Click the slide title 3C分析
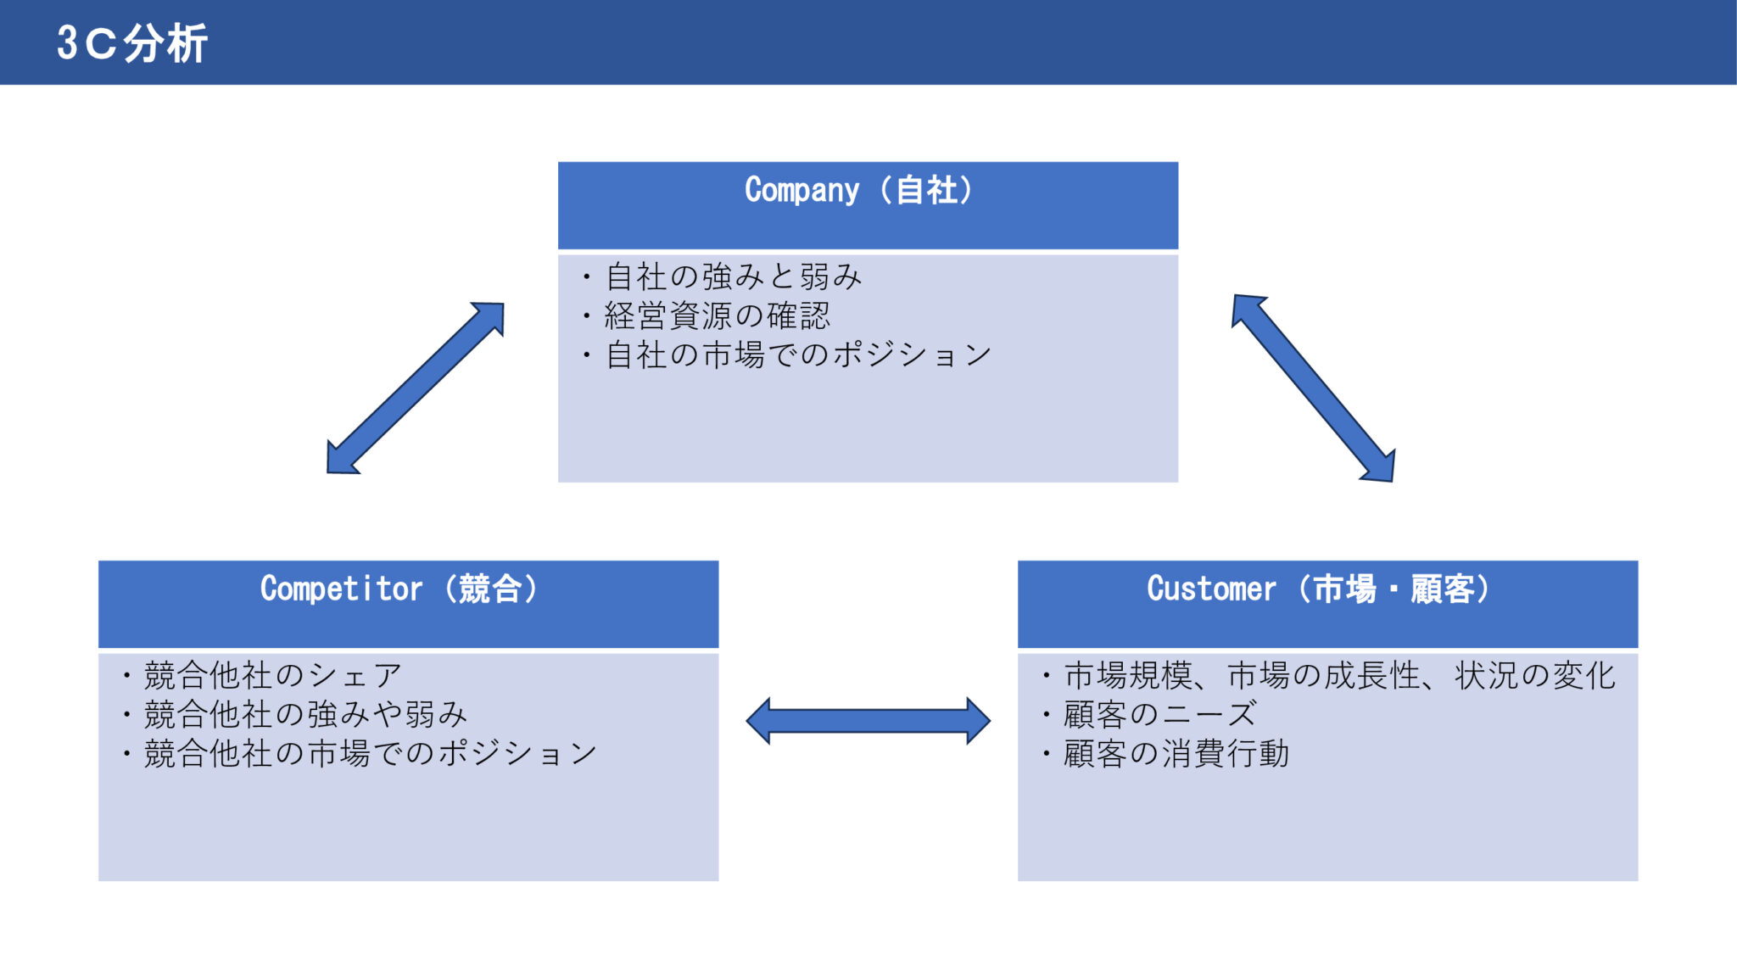pyautogui.click(x=131, y=42)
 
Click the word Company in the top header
pyautogui.click(x=801, y=190)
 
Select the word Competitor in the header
pyautogui.click(x=341, y=589)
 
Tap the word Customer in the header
pyautogui.click(x=1211, y=589)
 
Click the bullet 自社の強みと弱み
pyautogui.click(x=734, y=276)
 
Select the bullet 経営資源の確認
pyautogui.click(x=717, y=315)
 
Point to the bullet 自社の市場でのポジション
pyautogui.click(x=797, y=355)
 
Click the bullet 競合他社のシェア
pyautogui.click(x=271, y=675)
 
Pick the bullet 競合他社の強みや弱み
pyautogui.click(x=305, y=714)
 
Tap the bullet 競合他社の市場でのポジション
pyautogui.click(x=370, y=753)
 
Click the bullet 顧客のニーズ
pyautogui.click(x=1159, y=714)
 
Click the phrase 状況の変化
pyautogui.click(x=1534, y=675)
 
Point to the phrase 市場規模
pyautogui.click(x=1128, y=675)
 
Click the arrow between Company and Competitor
pyautogui.click(x=416, y=388)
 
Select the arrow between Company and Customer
pyautogui.click(x=1313, y=388)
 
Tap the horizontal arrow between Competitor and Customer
pyautogui.click(x=868, y=721)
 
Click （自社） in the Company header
pyautogui.click(x=926, y=190)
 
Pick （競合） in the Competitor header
pyautogui.click(x=490, y=589)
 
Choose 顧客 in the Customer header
pyautogui.click(x=1442, y=589)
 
